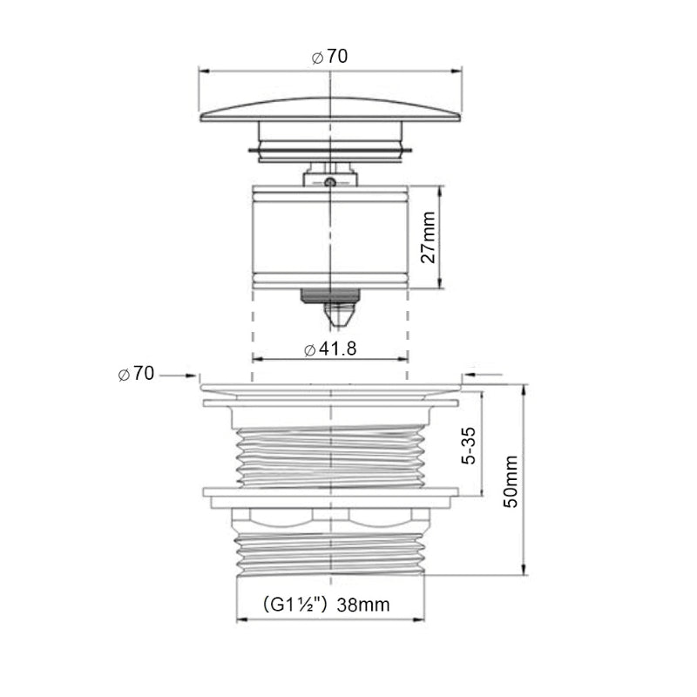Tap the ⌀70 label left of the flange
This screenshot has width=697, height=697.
(x=136, y=375)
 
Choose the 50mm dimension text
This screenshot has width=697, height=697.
(x=511, y=481)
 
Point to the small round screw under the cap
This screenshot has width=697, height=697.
(x=330, y=181)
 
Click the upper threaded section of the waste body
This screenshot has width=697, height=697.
(x=330, y=457)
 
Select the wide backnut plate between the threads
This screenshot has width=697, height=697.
(x=330, y=492)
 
